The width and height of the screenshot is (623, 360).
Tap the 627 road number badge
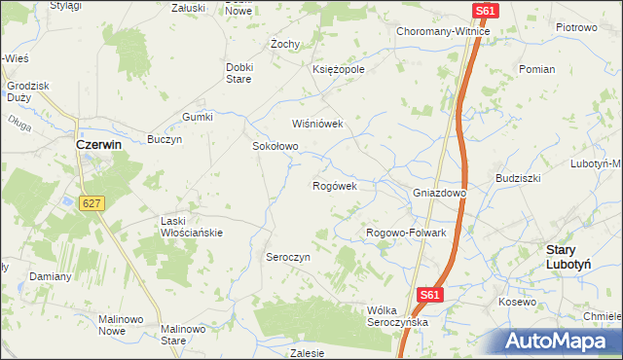click(92, 202)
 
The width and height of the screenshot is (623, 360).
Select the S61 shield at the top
click(487, 11)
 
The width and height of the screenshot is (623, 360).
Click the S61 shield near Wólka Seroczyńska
click(431, 294)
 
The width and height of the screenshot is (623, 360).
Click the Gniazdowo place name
click(440, 193)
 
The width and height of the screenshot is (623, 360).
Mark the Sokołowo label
click(275, 146)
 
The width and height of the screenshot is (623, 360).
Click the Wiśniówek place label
click(318, 124)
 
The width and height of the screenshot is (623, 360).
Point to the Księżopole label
click(338, 70)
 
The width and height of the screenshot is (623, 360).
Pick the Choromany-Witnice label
click(443, 31)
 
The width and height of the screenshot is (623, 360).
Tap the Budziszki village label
click(518, 179)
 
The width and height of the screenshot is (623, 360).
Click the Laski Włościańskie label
click(192, 227)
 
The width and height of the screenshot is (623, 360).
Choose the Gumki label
click(197, 117)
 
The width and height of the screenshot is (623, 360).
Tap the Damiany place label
click(50, 276)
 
